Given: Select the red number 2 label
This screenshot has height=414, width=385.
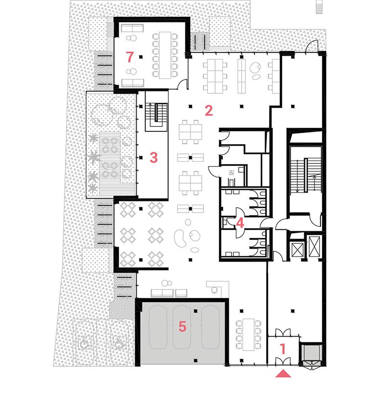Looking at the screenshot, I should (208, 111).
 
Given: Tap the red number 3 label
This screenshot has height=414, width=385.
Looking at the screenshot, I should (154, 157).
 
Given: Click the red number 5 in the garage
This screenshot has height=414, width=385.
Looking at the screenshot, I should (182, 326).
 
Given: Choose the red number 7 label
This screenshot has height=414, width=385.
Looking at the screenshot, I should (129, 57).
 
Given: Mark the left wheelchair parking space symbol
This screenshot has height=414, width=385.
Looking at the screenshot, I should (84, 343).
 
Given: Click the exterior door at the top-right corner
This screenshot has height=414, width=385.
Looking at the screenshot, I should (313, 47).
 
